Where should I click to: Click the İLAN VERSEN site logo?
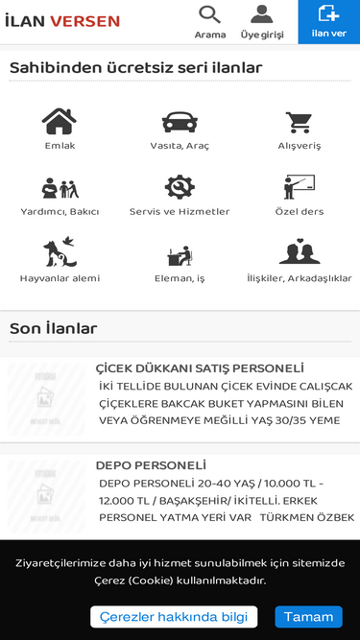click(62, 21)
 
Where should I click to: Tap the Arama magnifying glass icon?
click(209, 14)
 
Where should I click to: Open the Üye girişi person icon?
click(262, 14)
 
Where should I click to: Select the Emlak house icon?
click(60, 122)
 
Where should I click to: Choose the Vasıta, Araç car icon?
click(180, 122)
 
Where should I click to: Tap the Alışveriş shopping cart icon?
click(299, 122)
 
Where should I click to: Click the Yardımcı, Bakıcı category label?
click(60, 211)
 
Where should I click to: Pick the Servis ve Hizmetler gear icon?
click(180, 187)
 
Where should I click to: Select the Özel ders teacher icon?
click(299, 187)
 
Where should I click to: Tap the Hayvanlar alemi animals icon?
click(60, 252)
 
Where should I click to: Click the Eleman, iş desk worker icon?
click(180, 254)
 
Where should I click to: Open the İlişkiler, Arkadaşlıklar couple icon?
click(299, 252)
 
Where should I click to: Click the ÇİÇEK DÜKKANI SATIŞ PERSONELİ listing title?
click(200, 368)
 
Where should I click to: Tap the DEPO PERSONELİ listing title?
click(151, 465)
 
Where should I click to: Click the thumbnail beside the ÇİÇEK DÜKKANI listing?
click(46, 398)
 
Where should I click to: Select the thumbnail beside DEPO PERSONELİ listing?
click(46, 497)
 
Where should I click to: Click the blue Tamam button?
click(308, 616)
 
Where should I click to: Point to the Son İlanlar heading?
click(54, 328)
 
